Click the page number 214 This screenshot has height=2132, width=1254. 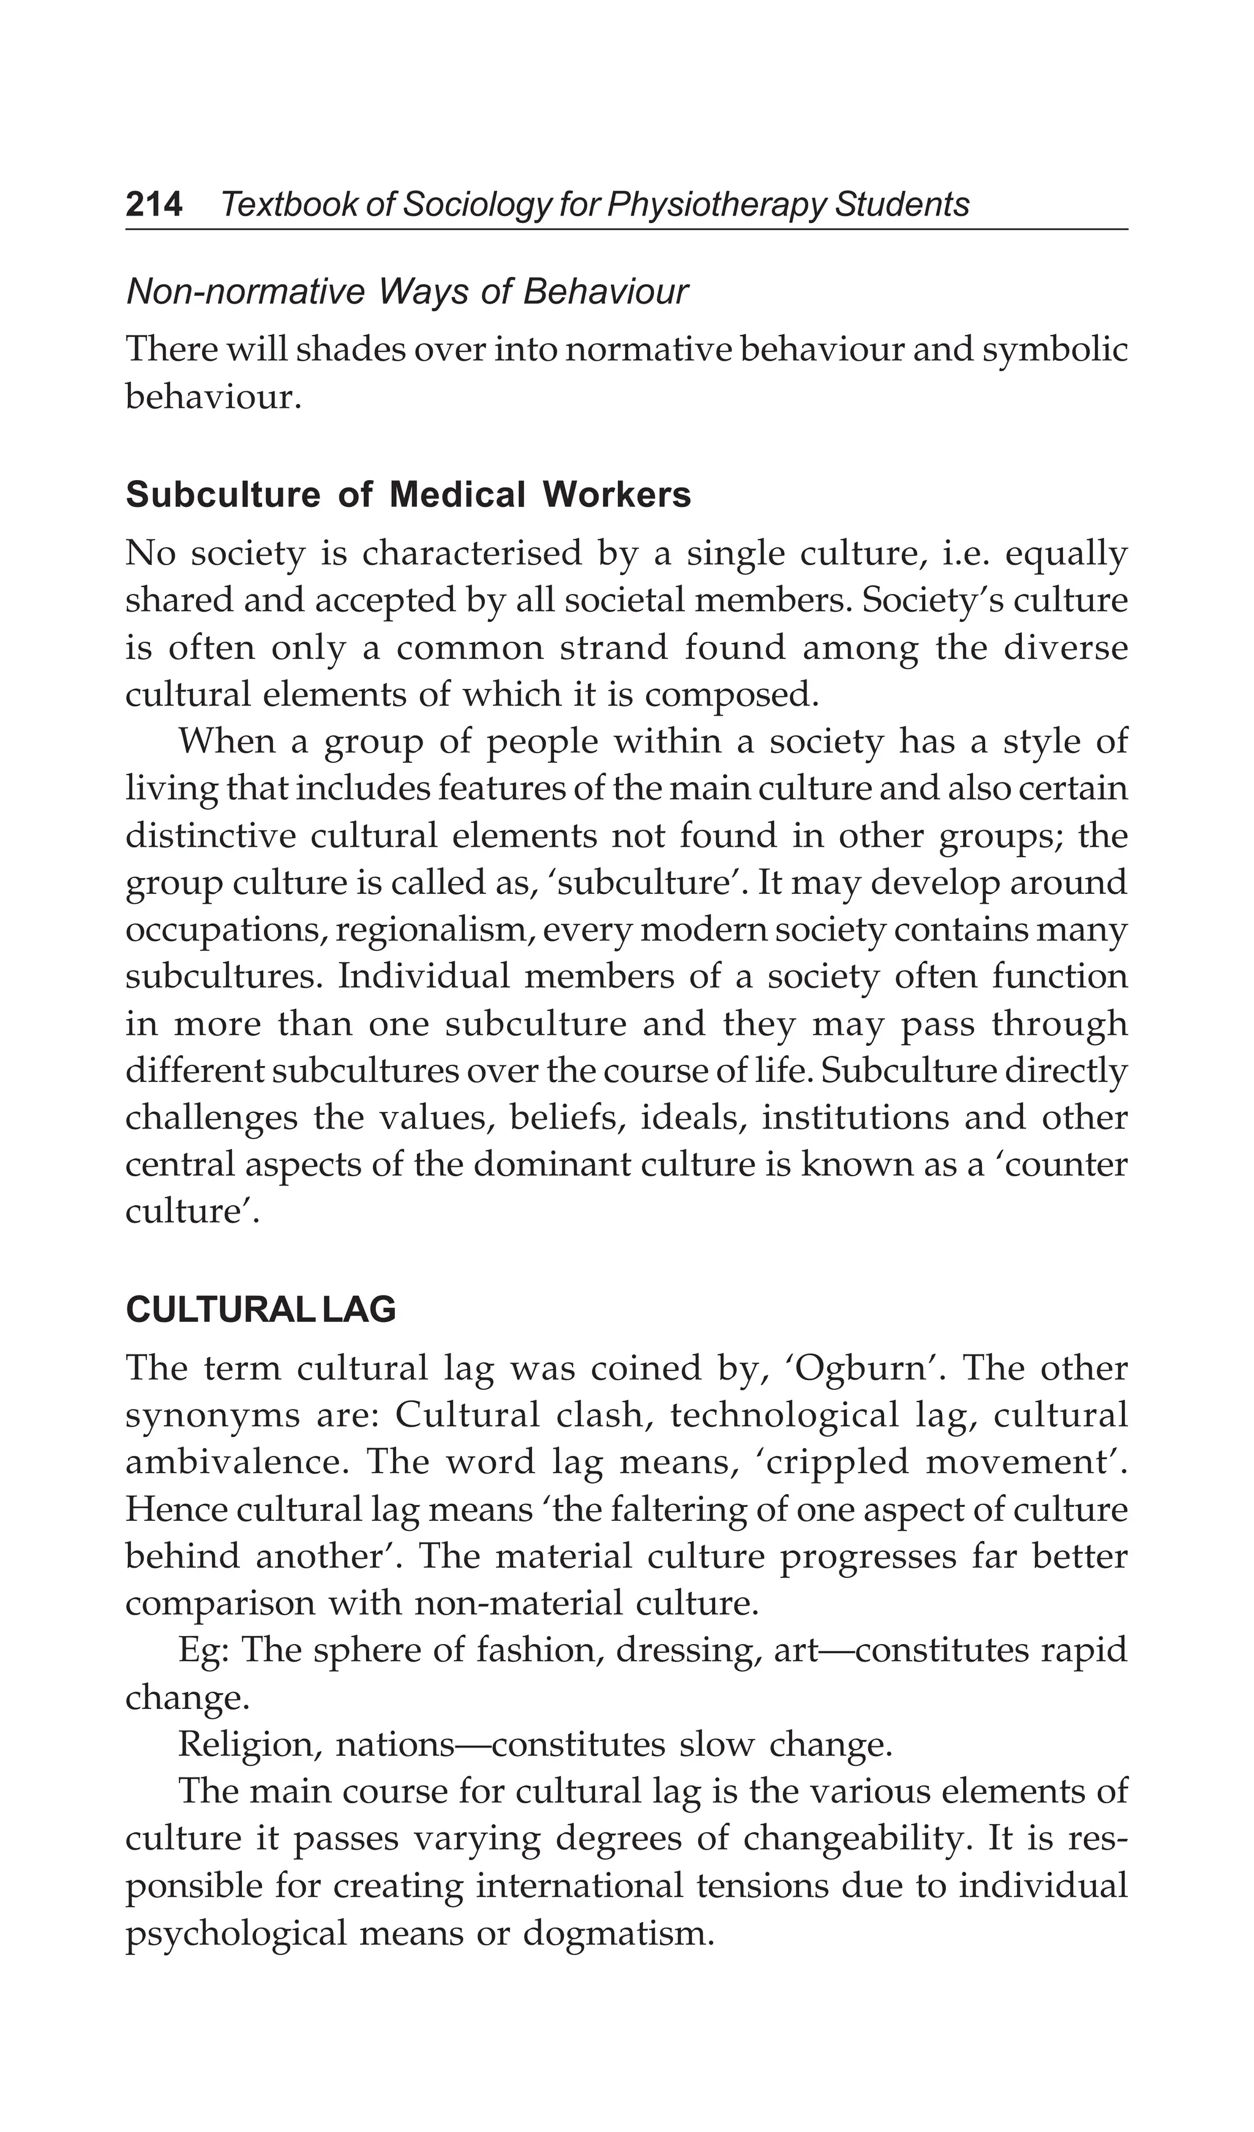coord(154,205)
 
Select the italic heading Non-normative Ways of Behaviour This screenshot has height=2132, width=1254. coord(406,292)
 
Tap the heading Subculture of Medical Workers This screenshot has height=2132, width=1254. coord(408,495)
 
